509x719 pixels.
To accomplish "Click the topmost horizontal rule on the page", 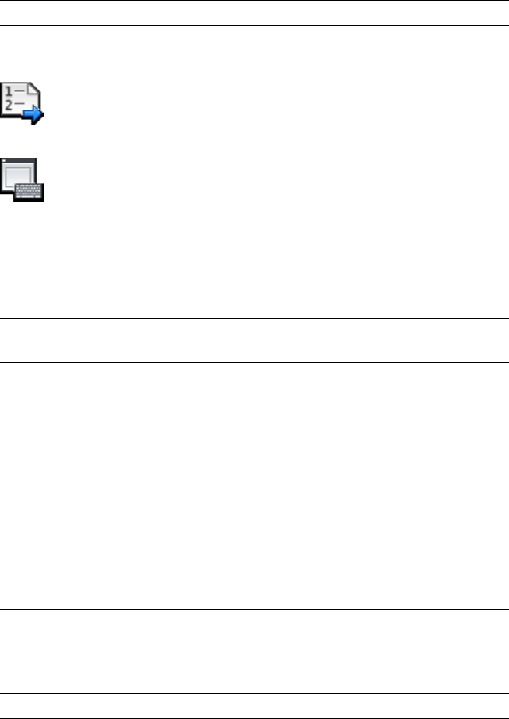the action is [254, 1].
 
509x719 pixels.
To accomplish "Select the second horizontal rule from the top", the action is [254, 26].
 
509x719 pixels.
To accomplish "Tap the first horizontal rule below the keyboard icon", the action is [254, 318].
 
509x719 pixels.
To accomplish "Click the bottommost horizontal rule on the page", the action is [254, 717].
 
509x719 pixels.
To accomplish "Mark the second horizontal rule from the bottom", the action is [254, 694].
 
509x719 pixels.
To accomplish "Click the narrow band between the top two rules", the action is [254, 13].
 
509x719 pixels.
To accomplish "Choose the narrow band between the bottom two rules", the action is [254, 706].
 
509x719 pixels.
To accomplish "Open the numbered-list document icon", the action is [21, 101].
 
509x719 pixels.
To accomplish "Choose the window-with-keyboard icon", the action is [22, 179].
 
